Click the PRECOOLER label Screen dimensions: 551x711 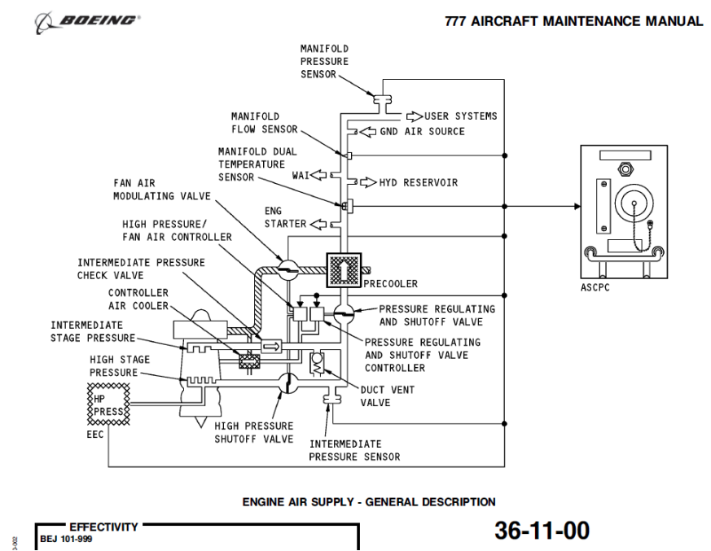pyautogui.click(x=390, y=284)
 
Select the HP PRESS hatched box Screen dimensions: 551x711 pyautogui.click(x=108, y=405)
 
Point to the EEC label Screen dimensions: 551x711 pyautogui.click(x=95, y=435)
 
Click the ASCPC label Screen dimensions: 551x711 pyautogui.click(x=595, y=287)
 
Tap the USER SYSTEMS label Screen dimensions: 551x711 pyautogui.click(x=460, y=116)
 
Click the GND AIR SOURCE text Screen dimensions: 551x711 pyautogui.click(x=422, y=131)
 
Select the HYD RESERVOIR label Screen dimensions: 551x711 pyautogui.click(x=418, y=182)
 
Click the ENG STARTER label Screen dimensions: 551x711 pyautogui.click(x=285, y=217)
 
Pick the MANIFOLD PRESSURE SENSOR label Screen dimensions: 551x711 pyautogui.click(x=324, y=61)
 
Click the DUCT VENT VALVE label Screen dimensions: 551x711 pyautogui.click(x=388, y=396)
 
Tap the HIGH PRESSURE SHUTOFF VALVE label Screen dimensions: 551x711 pyautogui.click(x=253, y=432)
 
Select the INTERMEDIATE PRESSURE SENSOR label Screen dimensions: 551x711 pyautogui.click(x=354, y=450)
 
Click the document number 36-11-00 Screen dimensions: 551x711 pyautogui.click(x=542, y=531)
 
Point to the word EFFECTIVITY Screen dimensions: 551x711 pyautogui.click(x=103, y=527)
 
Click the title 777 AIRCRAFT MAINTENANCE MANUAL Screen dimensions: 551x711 pyautogui.click(x=573, y=22)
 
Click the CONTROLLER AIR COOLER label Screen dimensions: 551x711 pyautogui.click(x=138, y=300)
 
